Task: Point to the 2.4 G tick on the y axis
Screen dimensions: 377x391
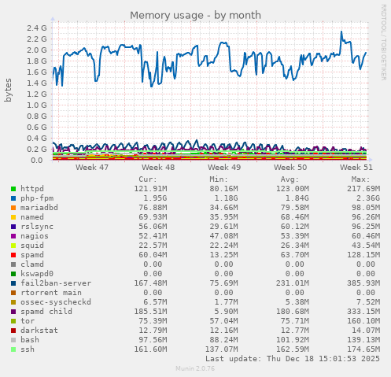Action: [x=37, y=28]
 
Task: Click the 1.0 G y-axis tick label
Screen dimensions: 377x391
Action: [x=37, y=105]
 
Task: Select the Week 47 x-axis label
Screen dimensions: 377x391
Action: [x=92, y=168]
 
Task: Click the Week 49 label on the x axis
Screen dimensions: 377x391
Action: [x=224, y=168]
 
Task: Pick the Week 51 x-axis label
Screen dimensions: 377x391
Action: [x=356, y=168]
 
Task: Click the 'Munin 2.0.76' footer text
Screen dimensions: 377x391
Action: [x=196, y=370]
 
